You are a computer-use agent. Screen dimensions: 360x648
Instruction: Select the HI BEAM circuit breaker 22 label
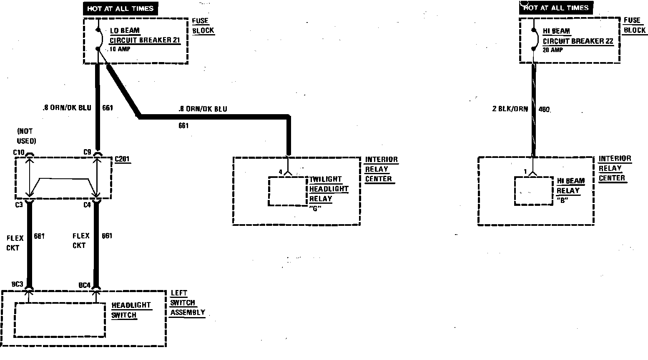point(578,36)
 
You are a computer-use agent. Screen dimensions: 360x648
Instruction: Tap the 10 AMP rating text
point(120,49)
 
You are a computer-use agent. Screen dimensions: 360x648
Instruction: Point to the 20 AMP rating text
point(553,50)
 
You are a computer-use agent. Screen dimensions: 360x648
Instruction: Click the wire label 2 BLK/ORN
point(510,109)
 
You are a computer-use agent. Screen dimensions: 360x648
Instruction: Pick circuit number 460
point(544,110)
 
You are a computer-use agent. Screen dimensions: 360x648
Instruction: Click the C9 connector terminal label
point(87,152)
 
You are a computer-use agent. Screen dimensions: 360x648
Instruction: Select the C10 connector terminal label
point(19,152)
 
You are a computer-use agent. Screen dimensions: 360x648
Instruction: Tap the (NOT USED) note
point(26,136)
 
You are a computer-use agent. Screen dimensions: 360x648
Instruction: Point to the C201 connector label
point(123,159)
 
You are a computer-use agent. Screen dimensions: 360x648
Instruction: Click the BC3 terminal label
point(17,285)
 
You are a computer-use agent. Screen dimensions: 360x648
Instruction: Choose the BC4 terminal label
point(84,285)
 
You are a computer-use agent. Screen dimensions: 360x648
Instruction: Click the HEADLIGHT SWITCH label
point(131,310)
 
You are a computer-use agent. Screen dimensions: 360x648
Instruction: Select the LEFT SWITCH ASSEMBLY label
point(187,303)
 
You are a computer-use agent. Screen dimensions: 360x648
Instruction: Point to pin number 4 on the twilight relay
point(281,172)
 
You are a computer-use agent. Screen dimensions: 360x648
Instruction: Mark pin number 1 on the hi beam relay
point(525,171)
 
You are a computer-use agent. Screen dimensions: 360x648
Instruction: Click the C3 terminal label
point(19,205)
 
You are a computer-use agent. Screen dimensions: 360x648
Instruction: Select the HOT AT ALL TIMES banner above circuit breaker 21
point(121,8)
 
